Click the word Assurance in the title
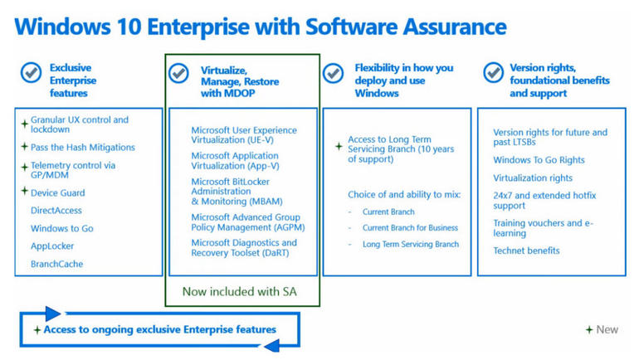455,27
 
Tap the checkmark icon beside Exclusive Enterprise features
31,73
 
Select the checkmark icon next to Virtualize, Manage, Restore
178,73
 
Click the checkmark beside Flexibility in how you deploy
333,73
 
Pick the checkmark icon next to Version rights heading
494,73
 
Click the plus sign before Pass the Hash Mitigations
24,147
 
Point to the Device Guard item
58,193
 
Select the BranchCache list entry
56,264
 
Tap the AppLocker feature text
52,246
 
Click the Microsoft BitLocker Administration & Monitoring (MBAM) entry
237,192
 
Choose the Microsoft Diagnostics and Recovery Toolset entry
244,247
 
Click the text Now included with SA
240,292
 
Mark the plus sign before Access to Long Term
339,146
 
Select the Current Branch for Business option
411,228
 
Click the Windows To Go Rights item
539,160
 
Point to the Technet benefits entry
526,251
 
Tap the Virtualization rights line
533,178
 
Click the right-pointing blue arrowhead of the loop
53,314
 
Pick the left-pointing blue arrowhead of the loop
272,346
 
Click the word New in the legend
607,329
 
